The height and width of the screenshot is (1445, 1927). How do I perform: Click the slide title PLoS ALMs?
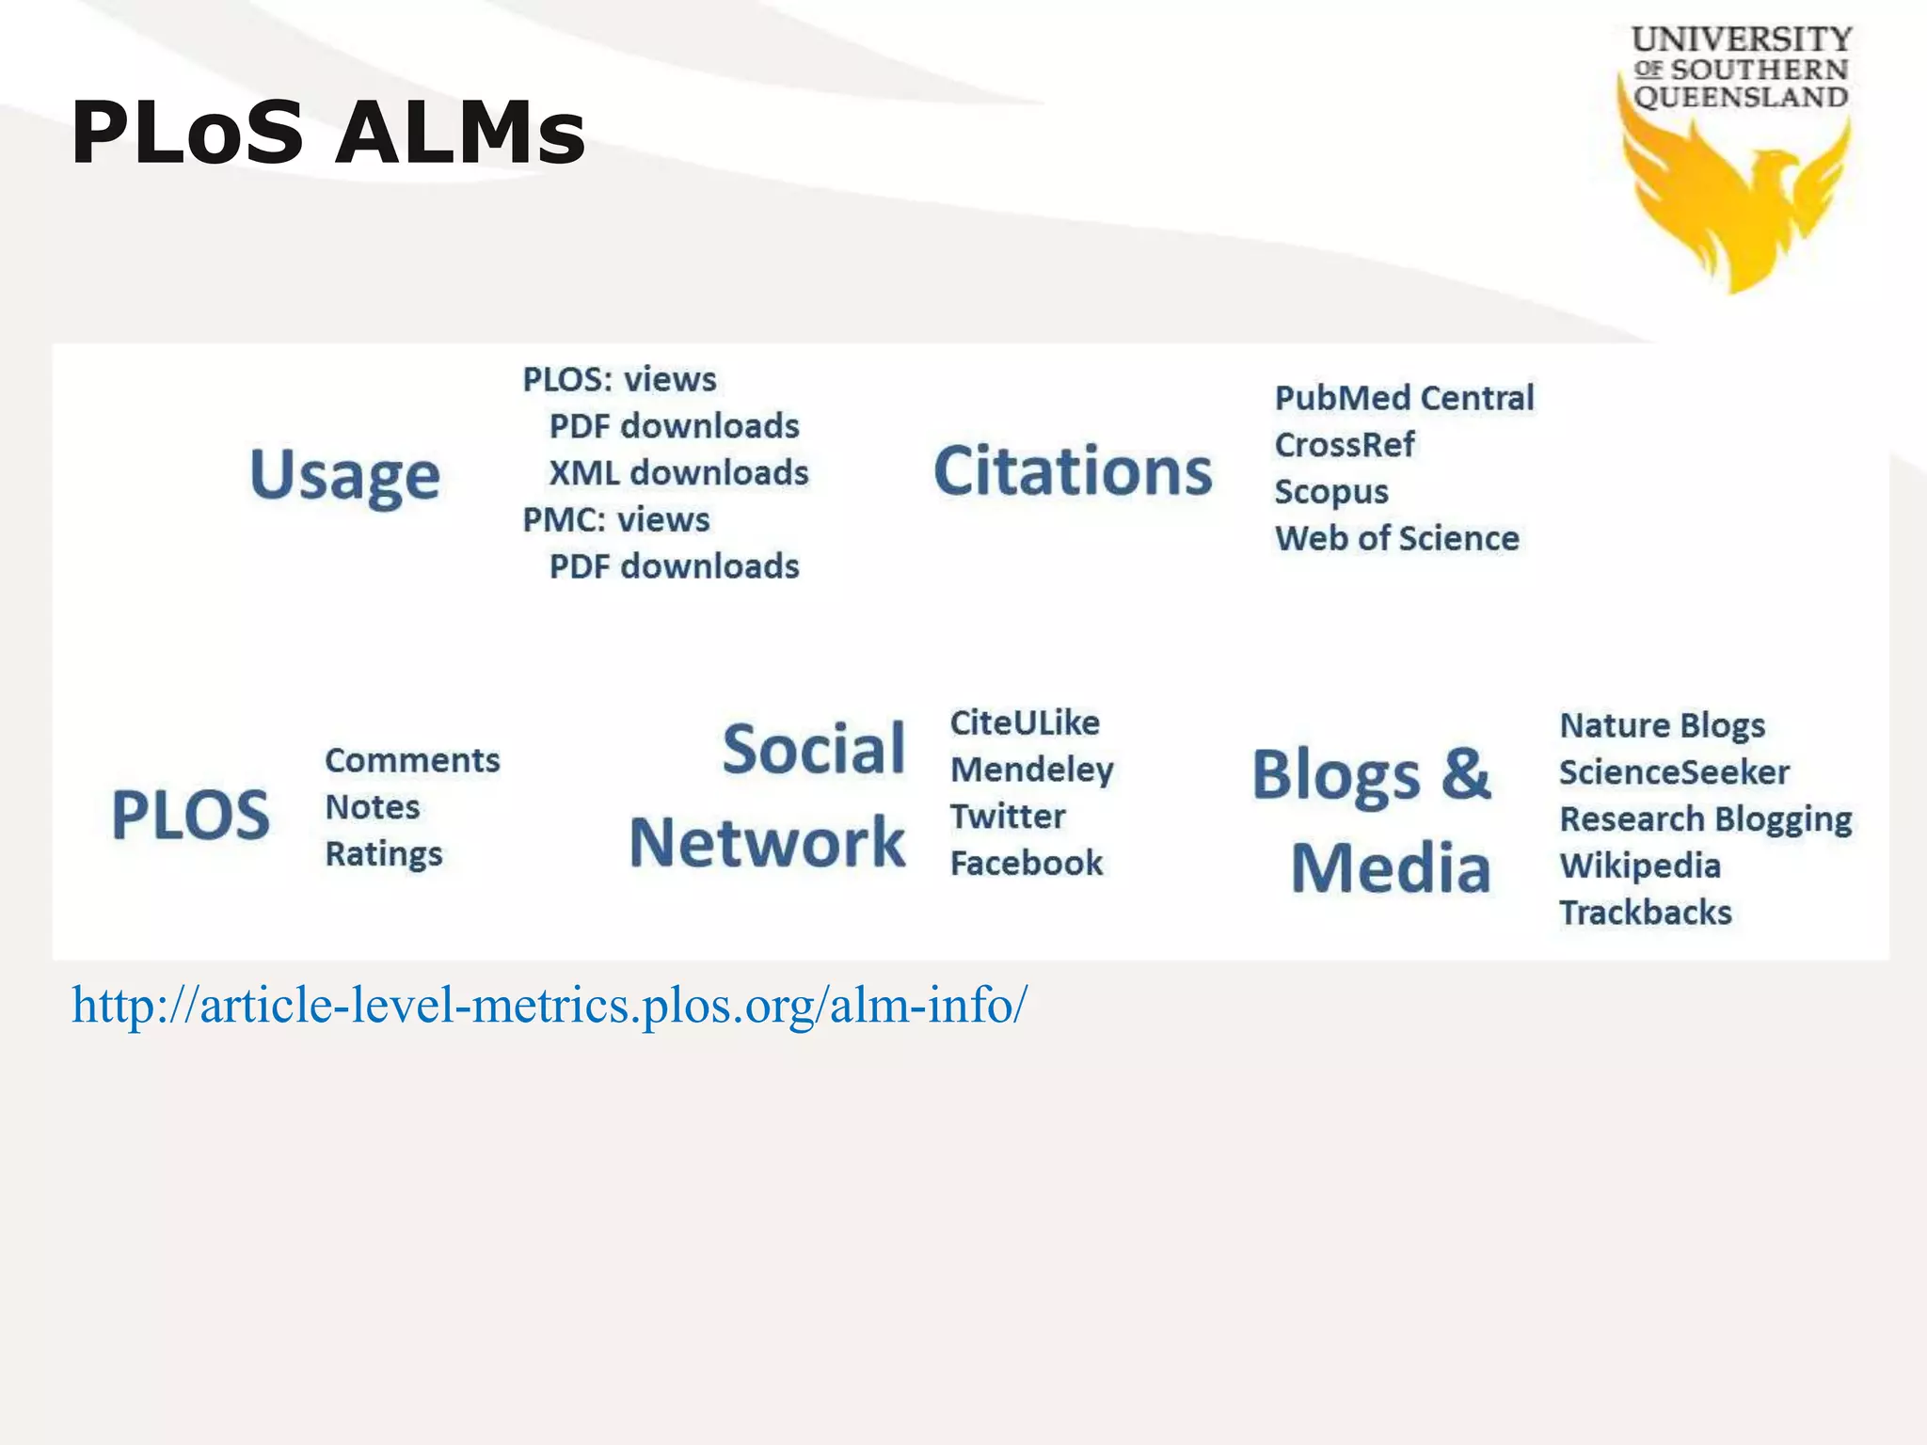coord(327,133)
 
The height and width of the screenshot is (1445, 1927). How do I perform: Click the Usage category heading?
coord(344,475)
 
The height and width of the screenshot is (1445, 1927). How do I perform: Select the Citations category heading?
coord(1073,470)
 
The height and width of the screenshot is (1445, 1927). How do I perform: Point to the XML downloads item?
coord(678,472)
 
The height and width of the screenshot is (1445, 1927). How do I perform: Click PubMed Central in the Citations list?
coord(1404,398)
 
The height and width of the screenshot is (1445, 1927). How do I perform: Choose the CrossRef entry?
coord(1344,445)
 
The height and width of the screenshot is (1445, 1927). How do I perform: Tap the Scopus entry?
coord(1331,492)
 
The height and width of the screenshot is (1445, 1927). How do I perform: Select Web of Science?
coord(1396,538)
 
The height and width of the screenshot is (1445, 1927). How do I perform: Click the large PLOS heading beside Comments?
coord(191,815)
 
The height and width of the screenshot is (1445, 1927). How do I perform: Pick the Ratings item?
coord(384,854)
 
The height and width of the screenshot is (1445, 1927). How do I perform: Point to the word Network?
coord(767,843)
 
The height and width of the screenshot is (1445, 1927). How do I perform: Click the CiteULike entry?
coord(1025,722)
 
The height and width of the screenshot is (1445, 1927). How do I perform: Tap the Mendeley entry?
coord(1031,770)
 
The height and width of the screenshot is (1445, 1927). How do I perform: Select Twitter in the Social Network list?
coord(1008,817)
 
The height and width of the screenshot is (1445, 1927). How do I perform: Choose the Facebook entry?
coord(1026,863)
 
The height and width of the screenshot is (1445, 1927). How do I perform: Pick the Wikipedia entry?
coord(1640,865)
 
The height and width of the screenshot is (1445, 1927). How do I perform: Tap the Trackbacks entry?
coord(1646,913)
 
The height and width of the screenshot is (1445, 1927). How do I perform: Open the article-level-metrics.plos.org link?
coord(549,1006)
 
